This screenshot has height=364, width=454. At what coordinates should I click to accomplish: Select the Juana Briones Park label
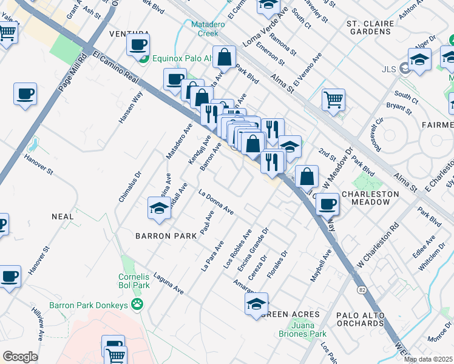click(302, 329)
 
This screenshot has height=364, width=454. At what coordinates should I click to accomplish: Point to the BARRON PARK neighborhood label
click(166, 235)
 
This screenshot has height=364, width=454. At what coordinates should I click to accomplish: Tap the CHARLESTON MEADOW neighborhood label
click(370, 198)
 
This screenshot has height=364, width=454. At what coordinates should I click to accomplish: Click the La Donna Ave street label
click(216, 202)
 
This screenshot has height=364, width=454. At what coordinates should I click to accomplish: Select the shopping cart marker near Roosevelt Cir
click(333, 98)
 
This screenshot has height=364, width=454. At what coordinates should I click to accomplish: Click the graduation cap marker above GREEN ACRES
click(256, 303)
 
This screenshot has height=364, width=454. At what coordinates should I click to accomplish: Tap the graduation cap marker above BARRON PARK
click(159, 207)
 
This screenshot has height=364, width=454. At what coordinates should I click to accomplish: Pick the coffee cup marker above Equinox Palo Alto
click(138, 44)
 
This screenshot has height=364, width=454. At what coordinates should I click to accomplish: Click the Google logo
click(20, 357)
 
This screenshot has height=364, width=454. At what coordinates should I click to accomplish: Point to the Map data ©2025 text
click(428, 359)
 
